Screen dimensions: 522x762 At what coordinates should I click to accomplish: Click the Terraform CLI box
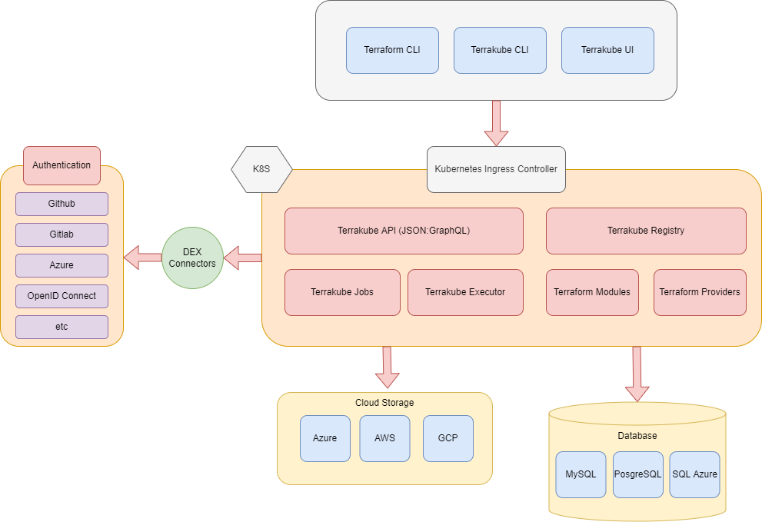392,50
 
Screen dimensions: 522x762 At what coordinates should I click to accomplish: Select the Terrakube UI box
607,50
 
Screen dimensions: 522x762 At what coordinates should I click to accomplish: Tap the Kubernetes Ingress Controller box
496,169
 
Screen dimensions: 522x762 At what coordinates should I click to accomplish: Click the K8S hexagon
261,169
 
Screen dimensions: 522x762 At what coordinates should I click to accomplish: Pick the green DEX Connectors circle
192,258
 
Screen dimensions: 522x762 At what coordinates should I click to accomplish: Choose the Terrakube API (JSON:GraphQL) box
404,231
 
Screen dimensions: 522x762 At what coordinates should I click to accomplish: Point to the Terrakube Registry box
646,231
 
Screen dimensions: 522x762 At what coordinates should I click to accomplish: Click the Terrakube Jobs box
342,292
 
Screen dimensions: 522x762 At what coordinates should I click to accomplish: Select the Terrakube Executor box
465,292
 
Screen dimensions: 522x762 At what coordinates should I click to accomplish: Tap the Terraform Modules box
592,292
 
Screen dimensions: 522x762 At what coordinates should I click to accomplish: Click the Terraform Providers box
700,292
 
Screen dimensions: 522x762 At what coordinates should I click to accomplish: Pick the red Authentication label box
62,165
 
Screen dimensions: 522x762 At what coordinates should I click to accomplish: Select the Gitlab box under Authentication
62,234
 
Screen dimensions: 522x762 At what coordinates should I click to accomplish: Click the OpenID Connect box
62,296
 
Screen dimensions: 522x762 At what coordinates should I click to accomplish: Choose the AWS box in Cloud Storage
384,438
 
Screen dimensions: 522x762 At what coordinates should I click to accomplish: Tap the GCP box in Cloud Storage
448,438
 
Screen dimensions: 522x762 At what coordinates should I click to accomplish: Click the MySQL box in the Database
581,474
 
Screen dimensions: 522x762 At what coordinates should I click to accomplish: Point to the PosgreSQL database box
638,474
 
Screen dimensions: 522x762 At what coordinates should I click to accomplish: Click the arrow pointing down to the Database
637,374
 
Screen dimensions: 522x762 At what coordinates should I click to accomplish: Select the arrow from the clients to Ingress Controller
496,123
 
